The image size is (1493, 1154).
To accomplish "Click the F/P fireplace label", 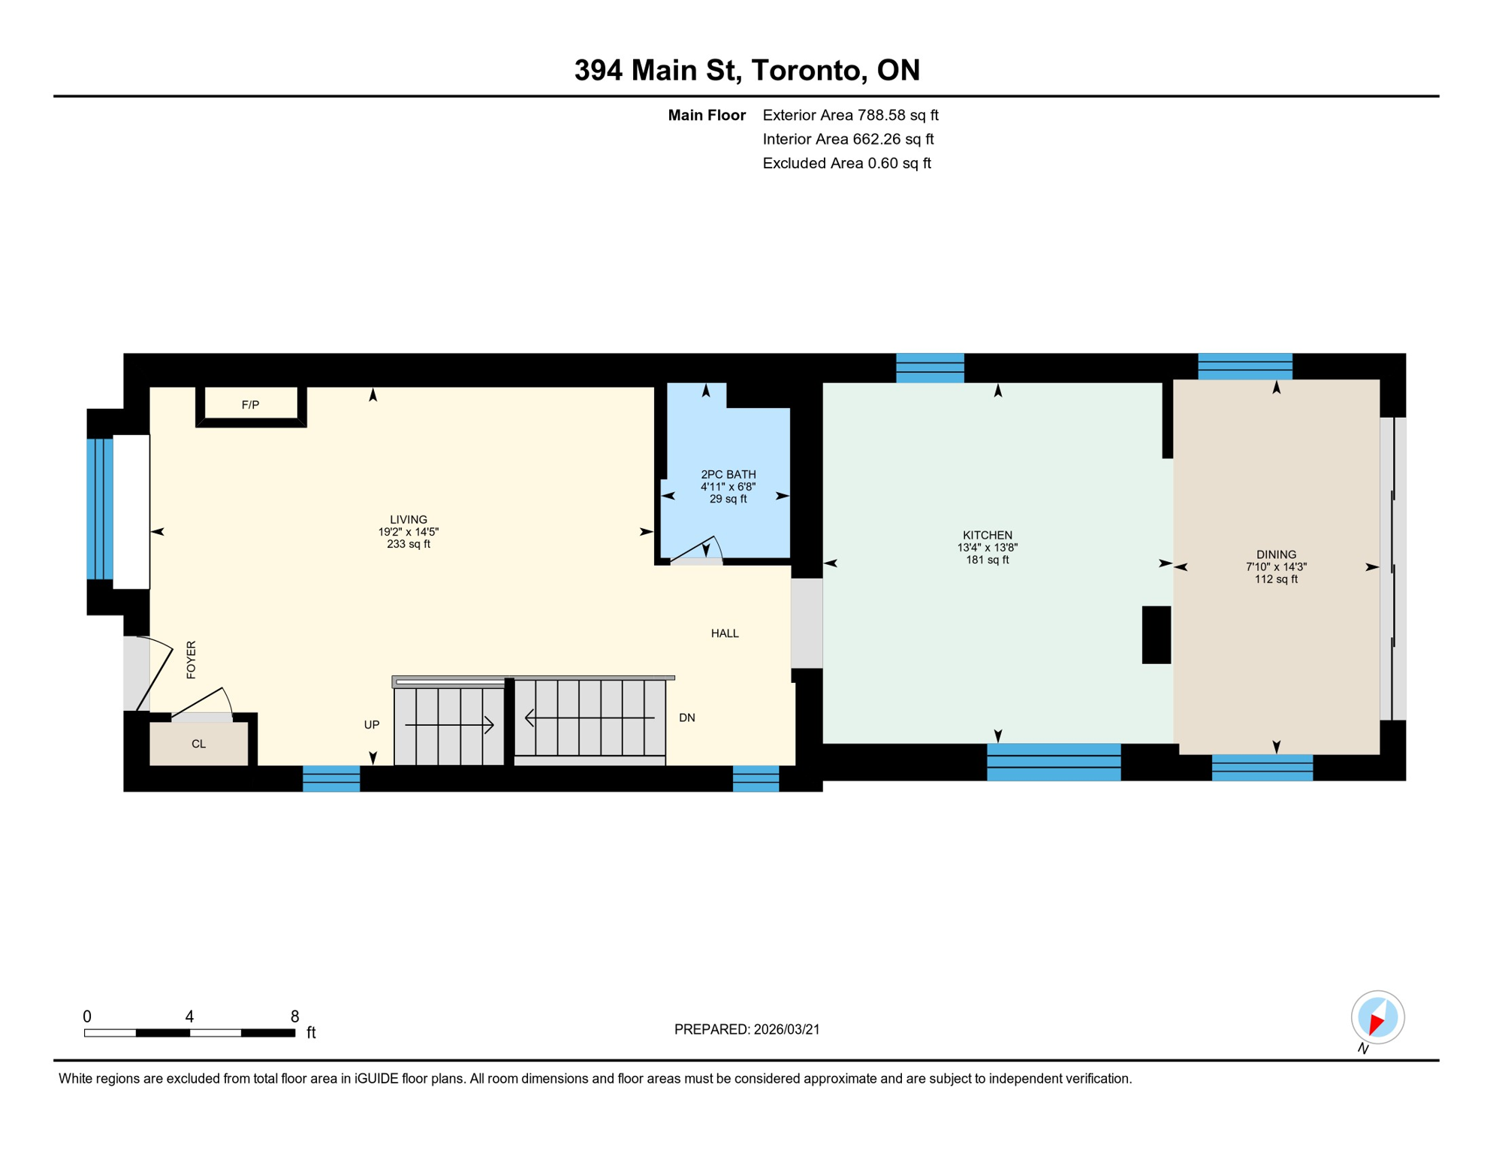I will [x=250, y=405].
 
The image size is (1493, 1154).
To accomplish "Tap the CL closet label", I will [x=198, y=744].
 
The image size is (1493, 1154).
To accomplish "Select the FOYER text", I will [x=191, y=660].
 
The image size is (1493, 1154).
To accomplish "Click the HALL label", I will [x=724, y=633].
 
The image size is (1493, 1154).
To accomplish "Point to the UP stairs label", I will [x=371, y=725].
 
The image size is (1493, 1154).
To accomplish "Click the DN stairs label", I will [x=686, y=717].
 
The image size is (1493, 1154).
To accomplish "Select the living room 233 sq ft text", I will [x=408, y=544].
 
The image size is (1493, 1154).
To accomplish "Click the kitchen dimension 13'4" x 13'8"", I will [x=987, y=548].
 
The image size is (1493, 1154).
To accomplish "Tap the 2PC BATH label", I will [x=728, y=474].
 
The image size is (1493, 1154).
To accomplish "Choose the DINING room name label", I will [x=1275, y=554].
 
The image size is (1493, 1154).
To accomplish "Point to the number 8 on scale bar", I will [x=294, y=1017].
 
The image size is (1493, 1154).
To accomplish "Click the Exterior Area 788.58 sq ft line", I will [x=850, y=115].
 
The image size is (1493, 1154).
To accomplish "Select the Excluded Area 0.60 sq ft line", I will [x=846, y=163].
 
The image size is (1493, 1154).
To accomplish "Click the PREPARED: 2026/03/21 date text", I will [x=746, y=1029].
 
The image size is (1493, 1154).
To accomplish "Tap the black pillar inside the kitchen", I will [x=1156, y=635].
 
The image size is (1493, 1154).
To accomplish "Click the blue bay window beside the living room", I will [x=100, y=509].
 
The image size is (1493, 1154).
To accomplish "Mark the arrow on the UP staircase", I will [x=449, y=725].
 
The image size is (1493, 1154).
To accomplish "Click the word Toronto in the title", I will [x=805, y=70].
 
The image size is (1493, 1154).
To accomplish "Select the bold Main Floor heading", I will [x=706, y=115].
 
